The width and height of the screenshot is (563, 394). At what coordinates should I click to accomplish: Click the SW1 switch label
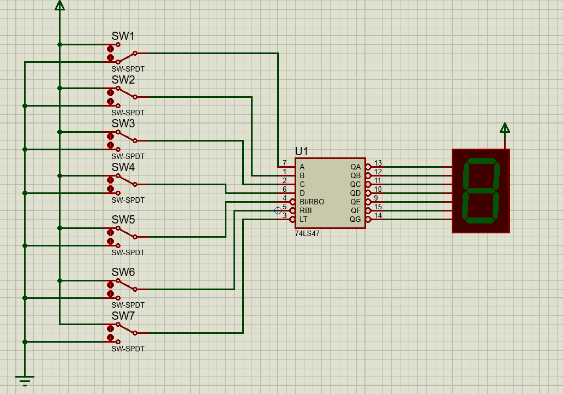pos(123,36)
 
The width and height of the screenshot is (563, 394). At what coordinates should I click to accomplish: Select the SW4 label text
pos(123,167)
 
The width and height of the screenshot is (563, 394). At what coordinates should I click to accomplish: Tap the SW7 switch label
pos(123,315)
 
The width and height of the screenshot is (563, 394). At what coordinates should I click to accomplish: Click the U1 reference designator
pos(301,151)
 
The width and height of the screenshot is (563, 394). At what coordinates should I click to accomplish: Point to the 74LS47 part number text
pos(307,233)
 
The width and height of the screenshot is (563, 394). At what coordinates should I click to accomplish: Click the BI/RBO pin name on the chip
pos(312,202)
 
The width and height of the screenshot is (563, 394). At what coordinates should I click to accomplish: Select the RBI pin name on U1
pos(306,210)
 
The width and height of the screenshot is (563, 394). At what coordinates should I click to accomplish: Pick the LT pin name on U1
pos(303,219)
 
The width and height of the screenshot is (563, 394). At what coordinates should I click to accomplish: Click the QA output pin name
pos(356,167)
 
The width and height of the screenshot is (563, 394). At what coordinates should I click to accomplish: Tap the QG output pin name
pos(355,219)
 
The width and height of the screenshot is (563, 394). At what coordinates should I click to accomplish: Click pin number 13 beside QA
pos(378,163)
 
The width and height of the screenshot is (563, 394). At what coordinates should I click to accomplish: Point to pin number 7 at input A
pos(284,163)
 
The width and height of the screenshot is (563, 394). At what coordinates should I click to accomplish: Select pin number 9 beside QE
pos(376,198)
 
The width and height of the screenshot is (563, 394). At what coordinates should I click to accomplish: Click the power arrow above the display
pos(505,128)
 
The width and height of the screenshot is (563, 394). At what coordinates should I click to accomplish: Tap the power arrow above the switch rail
pos(59,5)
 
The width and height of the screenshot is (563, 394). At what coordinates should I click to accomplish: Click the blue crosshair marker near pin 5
pos(278,211)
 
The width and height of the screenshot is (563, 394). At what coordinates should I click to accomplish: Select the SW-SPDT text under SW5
pos(128,252)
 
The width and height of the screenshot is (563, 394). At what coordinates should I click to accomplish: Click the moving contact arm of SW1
pos(127,57)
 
